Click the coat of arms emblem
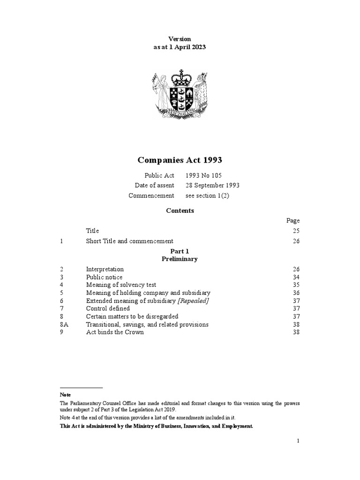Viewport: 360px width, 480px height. [x=180, y=96]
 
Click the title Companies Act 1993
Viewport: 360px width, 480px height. [x=180, y=160]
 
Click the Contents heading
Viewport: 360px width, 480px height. [x=180, y=210]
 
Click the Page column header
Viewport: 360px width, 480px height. [x=293, y=220]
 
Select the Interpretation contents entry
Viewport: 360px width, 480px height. [x=105, y=269]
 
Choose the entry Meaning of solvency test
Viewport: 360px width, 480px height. [x=121, y=285]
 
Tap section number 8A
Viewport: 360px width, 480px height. [x=64, y=324]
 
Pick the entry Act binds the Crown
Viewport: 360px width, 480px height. [x=115, y=332]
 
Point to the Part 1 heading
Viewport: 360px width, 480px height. [x=180, y=251]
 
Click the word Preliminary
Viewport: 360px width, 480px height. [x=180, y=259]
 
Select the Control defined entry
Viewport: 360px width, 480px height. [x=108, y=308]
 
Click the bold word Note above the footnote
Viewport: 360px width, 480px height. [x=65, y=395]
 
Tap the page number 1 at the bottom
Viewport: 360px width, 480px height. [x=298, y=441]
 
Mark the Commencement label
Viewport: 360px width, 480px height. [x=151, y=195]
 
